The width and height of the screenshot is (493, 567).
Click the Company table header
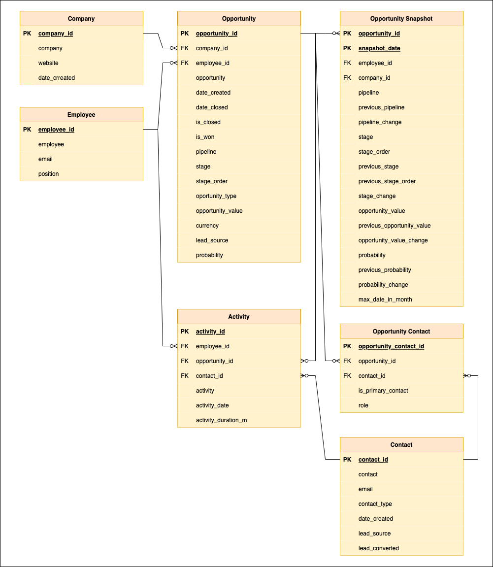tap(81, 19)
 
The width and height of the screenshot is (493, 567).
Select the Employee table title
tap(81, 115)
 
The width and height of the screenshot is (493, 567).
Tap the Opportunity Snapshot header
tap(401, 19)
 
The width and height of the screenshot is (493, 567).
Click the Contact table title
tap(401, 445)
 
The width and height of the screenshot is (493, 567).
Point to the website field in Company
tap(48, 63)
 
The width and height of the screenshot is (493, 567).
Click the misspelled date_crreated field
tap(57, 78)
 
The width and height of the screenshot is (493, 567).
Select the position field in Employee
tap(48, 174)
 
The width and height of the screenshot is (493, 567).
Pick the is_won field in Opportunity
tap(205, 137)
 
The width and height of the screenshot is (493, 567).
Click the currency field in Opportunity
tap(207, 226)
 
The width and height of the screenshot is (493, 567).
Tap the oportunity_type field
tap(216, 196)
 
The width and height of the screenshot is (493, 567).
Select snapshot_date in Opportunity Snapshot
tap(379, 48)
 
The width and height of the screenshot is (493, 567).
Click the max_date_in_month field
tap(385, 300)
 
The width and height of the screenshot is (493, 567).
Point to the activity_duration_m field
tap(221, 420)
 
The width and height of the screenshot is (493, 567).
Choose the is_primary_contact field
tap(383, 391)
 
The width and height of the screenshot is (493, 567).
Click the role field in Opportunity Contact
tap(363, 405)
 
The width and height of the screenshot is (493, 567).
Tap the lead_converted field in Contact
tap(378, 548)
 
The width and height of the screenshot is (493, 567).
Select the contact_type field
tap(375, 504)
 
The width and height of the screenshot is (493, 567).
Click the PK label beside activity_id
tap(185, 332)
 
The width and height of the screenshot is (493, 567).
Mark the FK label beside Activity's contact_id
tap(185, 376)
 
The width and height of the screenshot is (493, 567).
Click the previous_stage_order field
tap(387, 181)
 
